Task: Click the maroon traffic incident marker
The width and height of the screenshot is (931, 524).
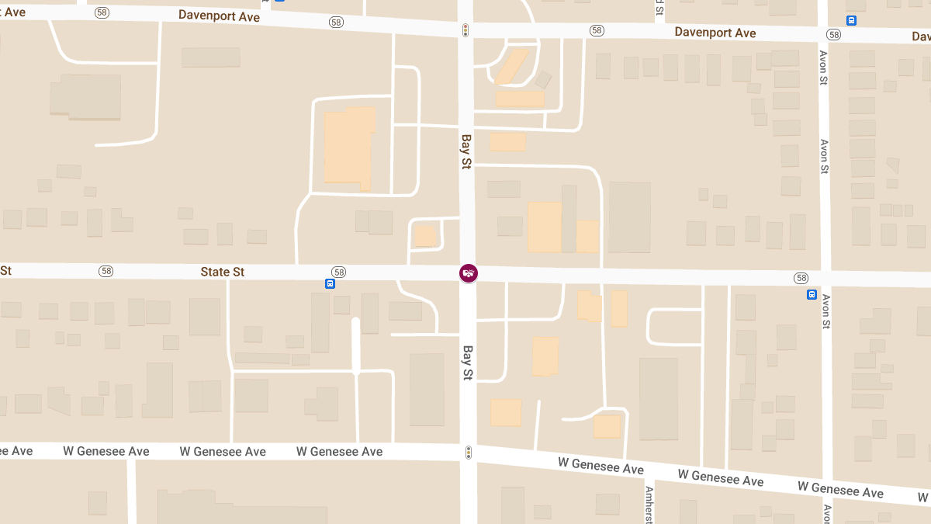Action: click(x=469, y=272)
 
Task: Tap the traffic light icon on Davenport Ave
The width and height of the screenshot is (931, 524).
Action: click(x=465, y=30)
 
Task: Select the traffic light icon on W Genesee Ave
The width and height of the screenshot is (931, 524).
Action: click(x=469, y=452)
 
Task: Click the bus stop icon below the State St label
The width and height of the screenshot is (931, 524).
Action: click(x=331, y=284)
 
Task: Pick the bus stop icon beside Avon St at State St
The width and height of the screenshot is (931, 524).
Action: click(x=812, y=294)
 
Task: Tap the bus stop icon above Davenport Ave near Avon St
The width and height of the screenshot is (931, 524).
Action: click(x=851, y=21)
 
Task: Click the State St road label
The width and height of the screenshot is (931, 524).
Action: click(x=223, y=272)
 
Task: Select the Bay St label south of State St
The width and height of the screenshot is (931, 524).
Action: click(x=468, y=363)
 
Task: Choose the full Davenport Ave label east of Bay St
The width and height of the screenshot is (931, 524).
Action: click(x=715, y=33)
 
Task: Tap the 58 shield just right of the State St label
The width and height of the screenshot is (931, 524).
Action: click(x=338, y=272)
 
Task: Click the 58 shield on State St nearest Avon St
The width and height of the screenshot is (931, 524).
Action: click(x=801, y=278)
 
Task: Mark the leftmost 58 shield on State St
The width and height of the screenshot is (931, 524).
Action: click(x=106, y=271)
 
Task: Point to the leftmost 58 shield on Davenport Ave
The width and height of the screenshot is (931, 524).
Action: click(x=102, y=13)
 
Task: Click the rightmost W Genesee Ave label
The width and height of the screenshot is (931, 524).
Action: click(x=840, y=491)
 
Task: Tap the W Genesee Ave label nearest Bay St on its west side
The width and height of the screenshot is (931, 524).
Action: click(x=340, y=452)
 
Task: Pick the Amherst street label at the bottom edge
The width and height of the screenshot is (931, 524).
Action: click(x=649, y=505)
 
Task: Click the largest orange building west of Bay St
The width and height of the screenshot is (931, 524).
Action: click(x=348, y=148)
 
